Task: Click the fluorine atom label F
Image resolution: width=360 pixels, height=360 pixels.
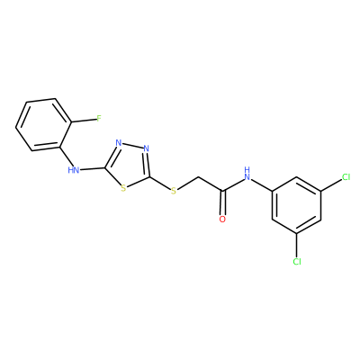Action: click(99, 119)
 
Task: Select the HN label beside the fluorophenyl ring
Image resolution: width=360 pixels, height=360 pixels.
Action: click(74, 170)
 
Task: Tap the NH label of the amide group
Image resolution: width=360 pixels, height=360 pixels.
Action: click(247, 174)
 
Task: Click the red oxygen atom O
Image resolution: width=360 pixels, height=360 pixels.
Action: click(222, 220)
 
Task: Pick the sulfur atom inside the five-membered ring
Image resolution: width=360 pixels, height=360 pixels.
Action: click(122, 188)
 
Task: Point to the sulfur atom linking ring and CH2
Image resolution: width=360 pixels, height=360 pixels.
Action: click(174, 191)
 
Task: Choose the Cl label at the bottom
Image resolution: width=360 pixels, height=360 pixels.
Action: click(297, 262)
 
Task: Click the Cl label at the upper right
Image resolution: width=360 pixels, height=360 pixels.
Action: click(346, 177)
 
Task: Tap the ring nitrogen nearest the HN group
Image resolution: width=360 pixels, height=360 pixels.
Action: click(119, 143)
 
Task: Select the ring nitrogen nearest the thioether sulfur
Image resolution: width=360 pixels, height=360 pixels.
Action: click(146, 148)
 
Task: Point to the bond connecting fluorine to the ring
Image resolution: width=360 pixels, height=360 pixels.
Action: click(84, 121)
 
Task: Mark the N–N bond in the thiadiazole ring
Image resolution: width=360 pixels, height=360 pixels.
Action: click(132, 146)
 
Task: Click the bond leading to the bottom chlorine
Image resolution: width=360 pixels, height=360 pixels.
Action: click(297, 246)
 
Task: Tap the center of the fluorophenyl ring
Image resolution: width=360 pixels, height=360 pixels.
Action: click(43, 124)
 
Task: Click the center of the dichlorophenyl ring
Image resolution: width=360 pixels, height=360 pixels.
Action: click(297, 205)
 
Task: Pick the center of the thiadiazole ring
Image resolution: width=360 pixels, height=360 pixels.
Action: click(130, 165)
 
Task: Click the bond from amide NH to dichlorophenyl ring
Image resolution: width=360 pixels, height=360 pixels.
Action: click(262, 185)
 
